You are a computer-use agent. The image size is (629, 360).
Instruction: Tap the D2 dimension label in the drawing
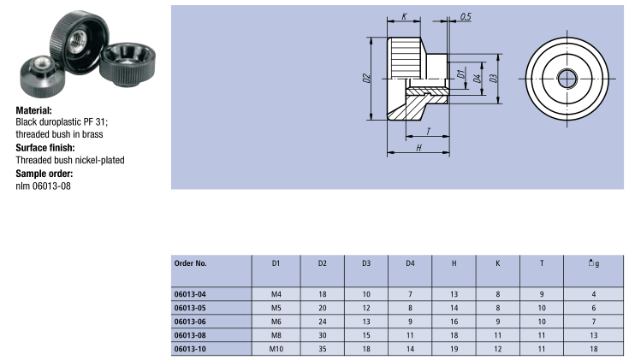coord(365,79)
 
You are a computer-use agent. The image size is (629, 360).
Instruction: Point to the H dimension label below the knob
coord(418,148)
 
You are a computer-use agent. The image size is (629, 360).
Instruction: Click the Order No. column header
coord(190,263)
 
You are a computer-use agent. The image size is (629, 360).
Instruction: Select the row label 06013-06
coord(190,321)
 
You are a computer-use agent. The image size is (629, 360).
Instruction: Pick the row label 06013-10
coord(190,348)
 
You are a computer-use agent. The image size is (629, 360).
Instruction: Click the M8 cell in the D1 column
coord(276,334)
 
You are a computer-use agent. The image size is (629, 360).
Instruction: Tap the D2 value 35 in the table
coord(322,348)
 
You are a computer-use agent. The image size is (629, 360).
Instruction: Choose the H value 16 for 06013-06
coord(453,321)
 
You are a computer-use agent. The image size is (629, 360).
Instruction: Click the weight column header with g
coord(593,263)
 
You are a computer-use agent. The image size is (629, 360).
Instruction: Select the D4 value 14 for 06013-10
coord(410,348)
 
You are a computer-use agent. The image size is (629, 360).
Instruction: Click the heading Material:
coord(34,110)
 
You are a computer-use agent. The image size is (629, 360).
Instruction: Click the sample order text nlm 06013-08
coord(43,186)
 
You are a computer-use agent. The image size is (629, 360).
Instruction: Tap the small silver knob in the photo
coord(42,68)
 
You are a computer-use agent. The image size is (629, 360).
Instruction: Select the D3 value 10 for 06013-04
coord(365,294)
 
